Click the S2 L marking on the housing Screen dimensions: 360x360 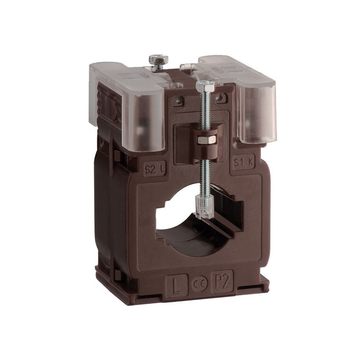click(155, 170)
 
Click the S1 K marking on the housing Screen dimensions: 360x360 click(243, 163)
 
